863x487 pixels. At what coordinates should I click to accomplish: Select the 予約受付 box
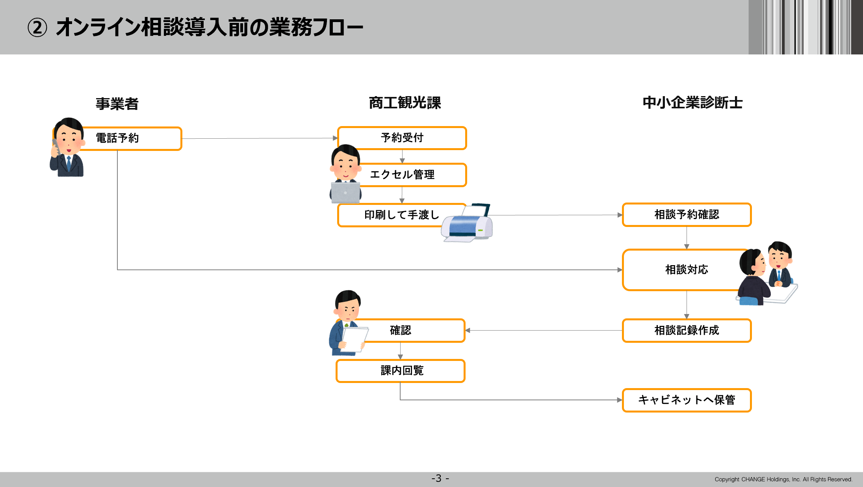click(x=402, y=138)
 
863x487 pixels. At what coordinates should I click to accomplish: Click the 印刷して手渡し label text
click(x=401, y=215)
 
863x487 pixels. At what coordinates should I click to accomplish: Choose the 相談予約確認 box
click(x=687, y=215)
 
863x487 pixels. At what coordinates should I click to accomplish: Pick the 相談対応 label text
click(x=687, y=270)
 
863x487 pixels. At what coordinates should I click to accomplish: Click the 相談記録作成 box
click(x=687, y=331)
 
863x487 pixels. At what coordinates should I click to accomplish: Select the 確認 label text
click(x=401, y=330)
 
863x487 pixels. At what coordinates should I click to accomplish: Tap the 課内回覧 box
click(x=401, y=371)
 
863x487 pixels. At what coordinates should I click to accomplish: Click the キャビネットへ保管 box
click(x=687, y=400)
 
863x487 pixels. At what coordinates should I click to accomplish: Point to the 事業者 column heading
click(x=117, y=104)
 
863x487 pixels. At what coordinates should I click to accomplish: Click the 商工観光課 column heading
click(x=405, y=102)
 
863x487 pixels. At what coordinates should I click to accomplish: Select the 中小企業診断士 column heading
click(x=692, y=102)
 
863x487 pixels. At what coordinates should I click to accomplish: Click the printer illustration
click(x=467, y=223)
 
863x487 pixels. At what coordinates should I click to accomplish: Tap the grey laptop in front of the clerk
click(x=345, y=192)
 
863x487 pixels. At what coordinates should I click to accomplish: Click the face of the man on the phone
click(x=69, y=140)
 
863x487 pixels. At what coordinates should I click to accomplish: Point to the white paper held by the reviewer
click(x=354, y=339)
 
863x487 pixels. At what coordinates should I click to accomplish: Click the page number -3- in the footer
click(x=440, y=479)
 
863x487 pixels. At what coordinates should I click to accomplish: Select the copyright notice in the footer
click(x=783, y=479)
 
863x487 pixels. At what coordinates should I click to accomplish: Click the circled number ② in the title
click(x=37, y=28)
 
